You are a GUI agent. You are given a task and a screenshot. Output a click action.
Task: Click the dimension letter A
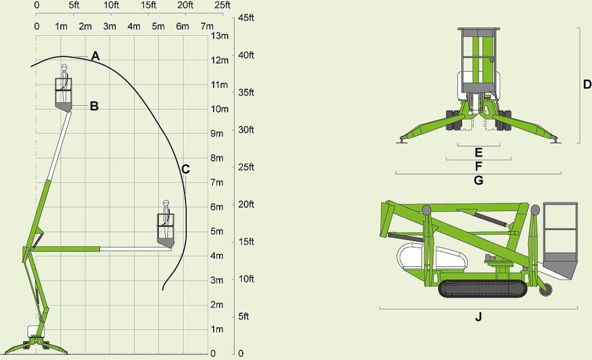95,56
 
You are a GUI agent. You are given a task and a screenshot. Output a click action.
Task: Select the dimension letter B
94,106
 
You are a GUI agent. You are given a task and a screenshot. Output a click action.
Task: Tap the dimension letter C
185,169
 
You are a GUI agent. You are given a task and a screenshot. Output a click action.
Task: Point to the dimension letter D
587,85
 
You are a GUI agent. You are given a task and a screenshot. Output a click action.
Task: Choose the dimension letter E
479,152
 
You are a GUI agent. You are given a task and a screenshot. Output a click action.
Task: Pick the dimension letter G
479,180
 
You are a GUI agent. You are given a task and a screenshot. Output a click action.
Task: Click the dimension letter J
479,317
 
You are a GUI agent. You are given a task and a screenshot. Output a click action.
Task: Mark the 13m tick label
220,36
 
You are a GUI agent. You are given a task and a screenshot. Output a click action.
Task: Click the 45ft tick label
246,18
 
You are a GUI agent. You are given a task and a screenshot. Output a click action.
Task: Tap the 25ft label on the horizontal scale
222,5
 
